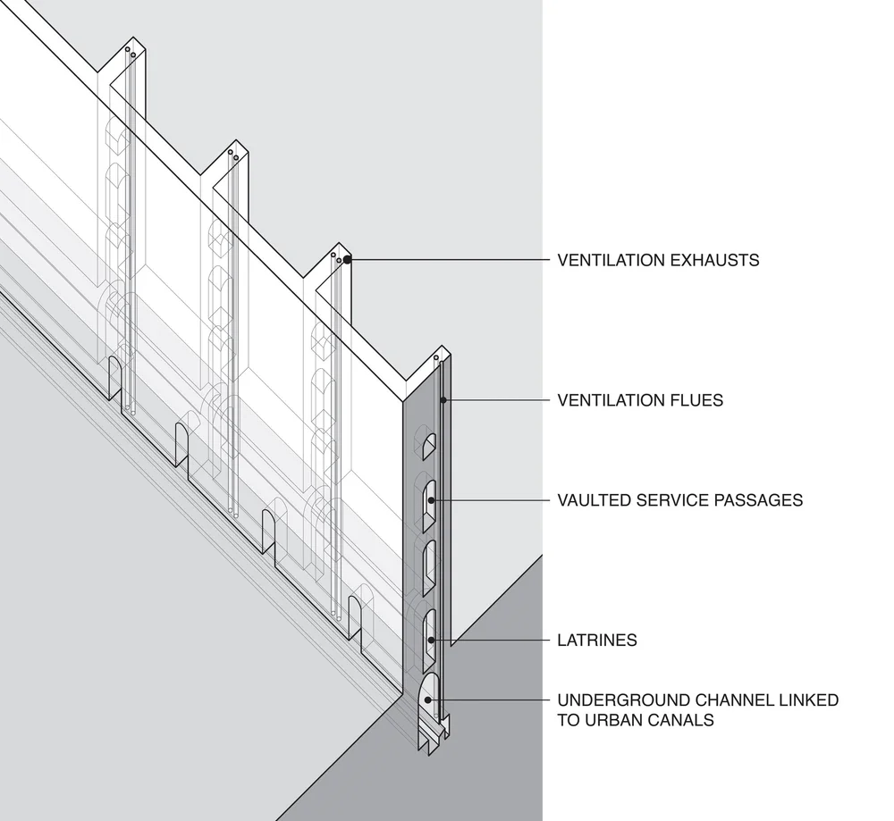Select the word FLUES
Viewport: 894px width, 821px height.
(696, 400)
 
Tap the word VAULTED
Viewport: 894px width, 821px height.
(593, 500)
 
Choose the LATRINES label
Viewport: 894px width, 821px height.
(597, 641)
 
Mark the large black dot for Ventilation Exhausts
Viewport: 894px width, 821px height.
(347, 260)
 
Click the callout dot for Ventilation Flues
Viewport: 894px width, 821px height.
(443, 399)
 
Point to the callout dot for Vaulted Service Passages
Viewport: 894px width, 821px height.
(431, 500)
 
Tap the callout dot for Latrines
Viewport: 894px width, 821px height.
(430, 640)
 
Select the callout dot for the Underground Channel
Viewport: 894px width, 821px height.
(430, 700)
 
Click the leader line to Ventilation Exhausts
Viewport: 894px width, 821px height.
(447, 260)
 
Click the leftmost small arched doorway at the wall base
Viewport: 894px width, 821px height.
(114, 377)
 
